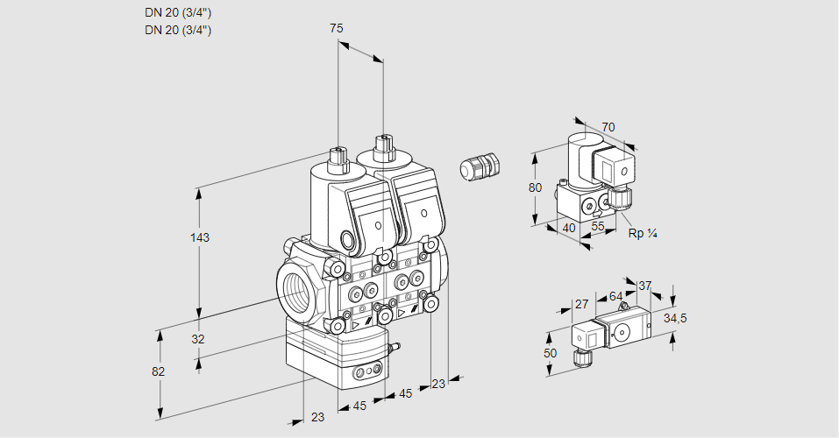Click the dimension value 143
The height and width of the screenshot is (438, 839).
pos(200,237)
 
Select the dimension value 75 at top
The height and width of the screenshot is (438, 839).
pos(336,28)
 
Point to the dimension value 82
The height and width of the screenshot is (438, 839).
pos(158,371)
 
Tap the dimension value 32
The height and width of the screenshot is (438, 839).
pos(198,339)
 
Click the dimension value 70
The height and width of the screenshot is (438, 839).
pos(608,127)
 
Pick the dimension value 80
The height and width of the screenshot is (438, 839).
pos(535,187)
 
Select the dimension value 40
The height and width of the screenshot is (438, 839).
pos(569,229)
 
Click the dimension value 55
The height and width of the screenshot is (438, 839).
pos(598,226)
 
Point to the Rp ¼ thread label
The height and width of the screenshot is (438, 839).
pos(643,233)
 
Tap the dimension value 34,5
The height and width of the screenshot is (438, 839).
pos(675,318)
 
